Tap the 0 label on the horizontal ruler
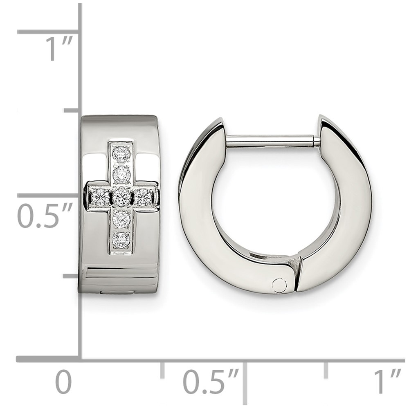point(64,382)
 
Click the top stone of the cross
point(121,154)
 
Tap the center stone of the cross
point(121,196)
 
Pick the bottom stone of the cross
point(121,239)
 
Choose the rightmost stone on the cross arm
point(142,196)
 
